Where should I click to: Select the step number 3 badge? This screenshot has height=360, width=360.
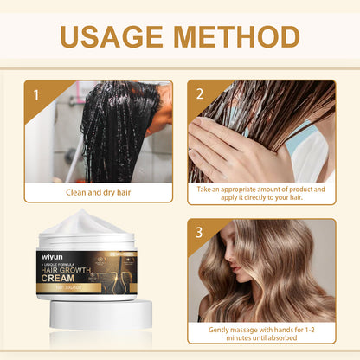tap(200, 233)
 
